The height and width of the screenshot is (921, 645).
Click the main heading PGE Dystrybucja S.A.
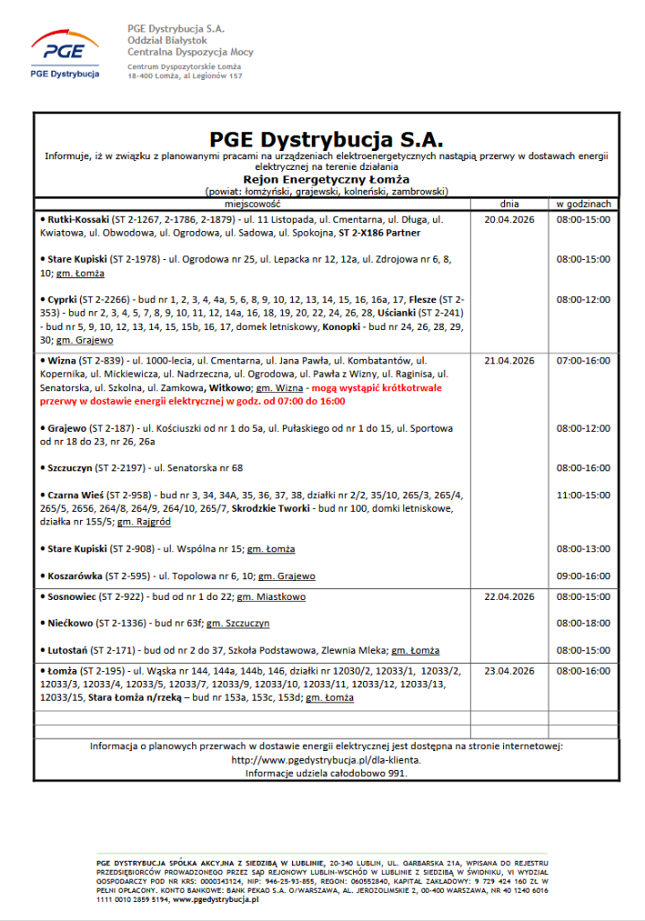click(326, 139)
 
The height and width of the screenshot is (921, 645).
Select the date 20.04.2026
click(509, 219)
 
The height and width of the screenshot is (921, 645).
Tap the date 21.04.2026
click(509, 361)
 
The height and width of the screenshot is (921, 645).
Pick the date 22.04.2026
click(509, 596)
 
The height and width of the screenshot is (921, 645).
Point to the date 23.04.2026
click(509, 671)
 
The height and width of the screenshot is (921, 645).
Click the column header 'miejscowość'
click(252, 203)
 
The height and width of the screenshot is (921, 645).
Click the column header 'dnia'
click(509, 203)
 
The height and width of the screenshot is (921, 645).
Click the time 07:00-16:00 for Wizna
click(583, 361)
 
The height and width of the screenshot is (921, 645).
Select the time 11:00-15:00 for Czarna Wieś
click(583, 495)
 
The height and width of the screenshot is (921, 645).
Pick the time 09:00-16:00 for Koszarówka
click(583, 576)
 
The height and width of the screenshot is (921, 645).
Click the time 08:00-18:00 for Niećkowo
click(583, 623)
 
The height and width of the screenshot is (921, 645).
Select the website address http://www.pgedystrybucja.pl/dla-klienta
click(326, 760)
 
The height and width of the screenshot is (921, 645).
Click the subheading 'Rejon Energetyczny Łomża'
click(326, 179)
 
